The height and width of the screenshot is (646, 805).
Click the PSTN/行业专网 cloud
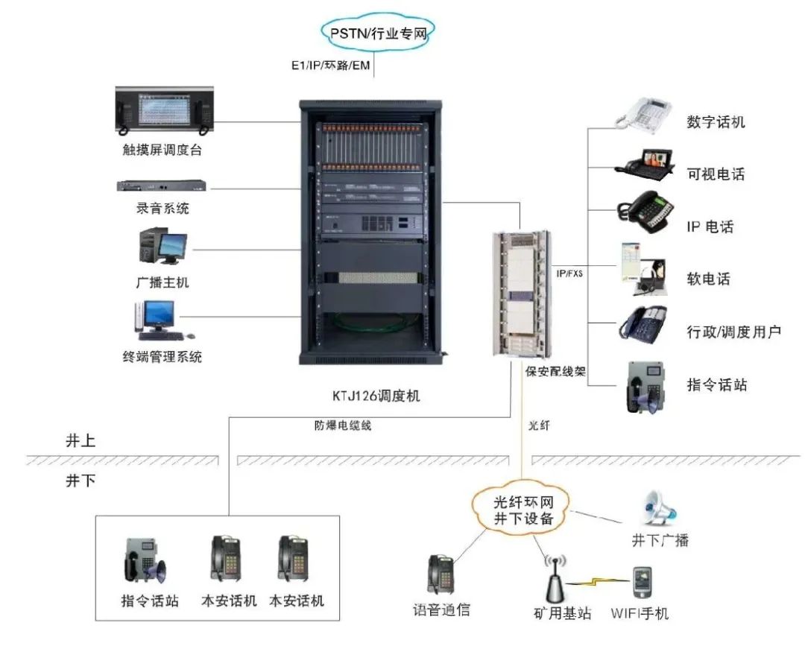378,32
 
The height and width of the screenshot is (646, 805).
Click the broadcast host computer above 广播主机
162,247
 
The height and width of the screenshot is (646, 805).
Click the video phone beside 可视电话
645,164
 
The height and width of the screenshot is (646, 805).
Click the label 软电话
708,279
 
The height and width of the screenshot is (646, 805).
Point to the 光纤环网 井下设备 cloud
524,510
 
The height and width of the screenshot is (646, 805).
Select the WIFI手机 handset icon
643,583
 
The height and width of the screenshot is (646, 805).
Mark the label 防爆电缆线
342,427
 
